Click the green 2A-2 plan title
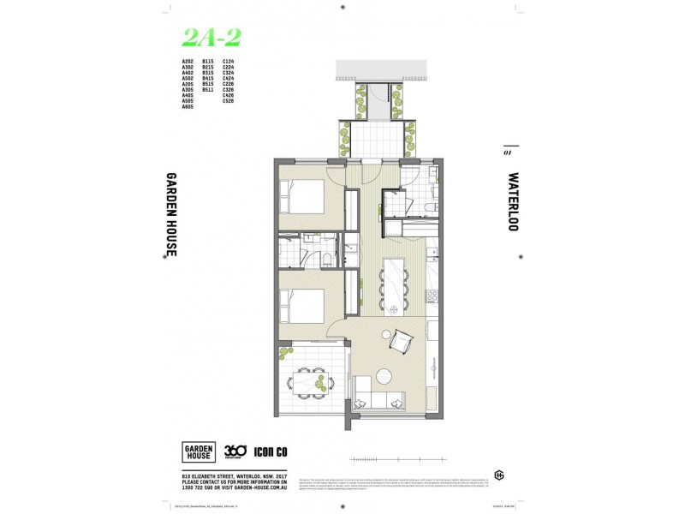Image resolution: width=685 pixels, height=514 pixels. click(210, 37)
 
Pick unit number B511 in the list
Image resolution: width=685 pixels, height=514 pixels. click(207, 89)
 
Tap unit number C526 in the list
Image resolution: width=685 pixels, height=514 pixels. click(228, 101)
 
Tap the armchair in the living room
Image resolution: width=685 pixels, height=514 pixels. click(400, 343)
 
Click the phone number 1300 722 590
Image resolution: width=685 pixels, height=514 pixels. click(201, 486)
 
